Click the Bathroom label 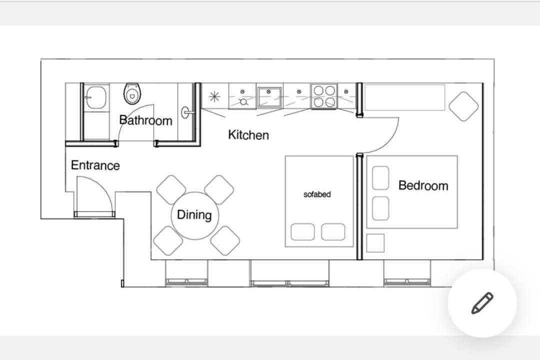pos(145,120)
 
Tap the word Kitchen pos(248,134)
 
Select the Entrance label pos(95,165)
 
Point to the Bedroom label pos(423,185)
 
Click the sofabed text pos(317,194)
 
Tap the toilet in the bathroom pos(132,93)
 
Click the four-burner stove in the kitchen pos(324,96)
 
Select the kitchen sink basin pos(269,96)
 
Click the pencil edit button pos(482,303)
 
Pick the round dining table pos(194,215)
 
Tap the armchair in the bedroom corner pos(463,106)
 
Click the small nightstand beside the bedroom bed pos(375,243)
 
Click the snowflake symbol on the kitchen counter pos(214,96)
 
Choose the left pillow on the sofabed pos(302,232)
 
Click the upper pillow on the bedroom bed pos(380,178)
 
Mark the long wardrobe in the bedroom pos(404,97)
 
